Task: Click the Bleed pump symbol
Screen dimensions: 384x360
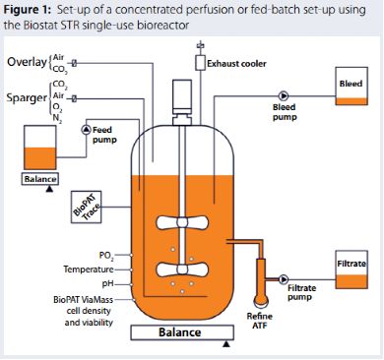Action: pyautogui.click(x=283, y=96)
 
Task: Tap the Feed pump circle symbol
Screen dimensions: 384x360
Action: pyautogui.click(x=86, y=130)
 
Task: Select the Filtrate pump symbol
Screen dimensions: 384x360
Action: pyautogui.click(x=283, y=279)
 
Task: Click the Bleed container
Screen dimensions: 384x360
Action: pyautogui.click(x=352, y=86)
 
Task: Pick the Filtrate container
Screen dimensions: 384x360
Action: pyautogui.click(x=352, y=270)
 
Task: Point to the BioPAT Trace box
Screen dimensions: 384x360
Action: pyautogui.click(x=86, y=208)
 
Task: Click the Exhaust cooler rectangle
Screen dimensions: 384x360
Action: pyautogui.click(x=200, y=63)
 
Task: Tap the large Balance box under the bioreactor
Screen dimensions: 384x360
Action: pyautogui.click(x=182, y=332)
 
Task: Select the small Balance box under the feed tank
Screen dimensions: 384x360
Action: pyautogui.click(x=40, y=179)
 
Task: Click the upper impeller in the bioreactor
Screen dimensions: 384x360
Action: pyautogui.click(x=182, y=222)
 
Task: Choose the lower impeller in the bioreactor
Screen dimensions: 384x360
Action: pyautogui.click(x=182, y=270)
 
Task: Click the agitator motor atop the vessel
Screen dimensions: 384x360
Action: pyautogui.click(x=182, y=102)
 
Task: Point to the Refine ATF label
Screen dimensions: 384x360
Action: pyautogui.click(x=259, y=321)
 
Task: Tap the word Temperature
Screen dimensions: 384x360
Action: pyautogui.click(x=89, y=270)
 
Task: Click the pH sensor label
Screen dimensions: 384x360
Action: pyautogui.click(x=108, y=283)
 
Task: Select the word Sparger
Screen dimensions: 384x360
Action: pyautogui.click(x=27, y=98)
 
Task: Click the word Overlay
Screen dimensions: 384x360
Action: pyautogui.click(x=27, y=62)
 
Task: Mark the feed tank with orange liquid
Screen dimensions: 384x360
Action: pyautogui.click(x=40, y=148)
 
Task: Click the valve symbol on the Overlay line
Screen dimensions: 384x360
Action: pyautogui.click(x=74, y=63)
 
